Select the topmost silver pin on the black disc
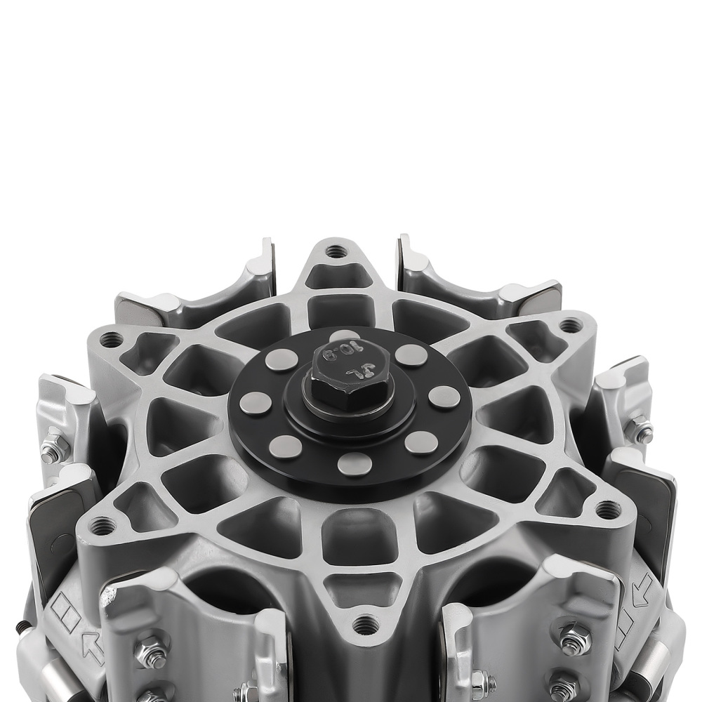click(x=344, y=337)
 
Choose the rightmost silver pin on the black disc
click(x=444, y=397)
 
